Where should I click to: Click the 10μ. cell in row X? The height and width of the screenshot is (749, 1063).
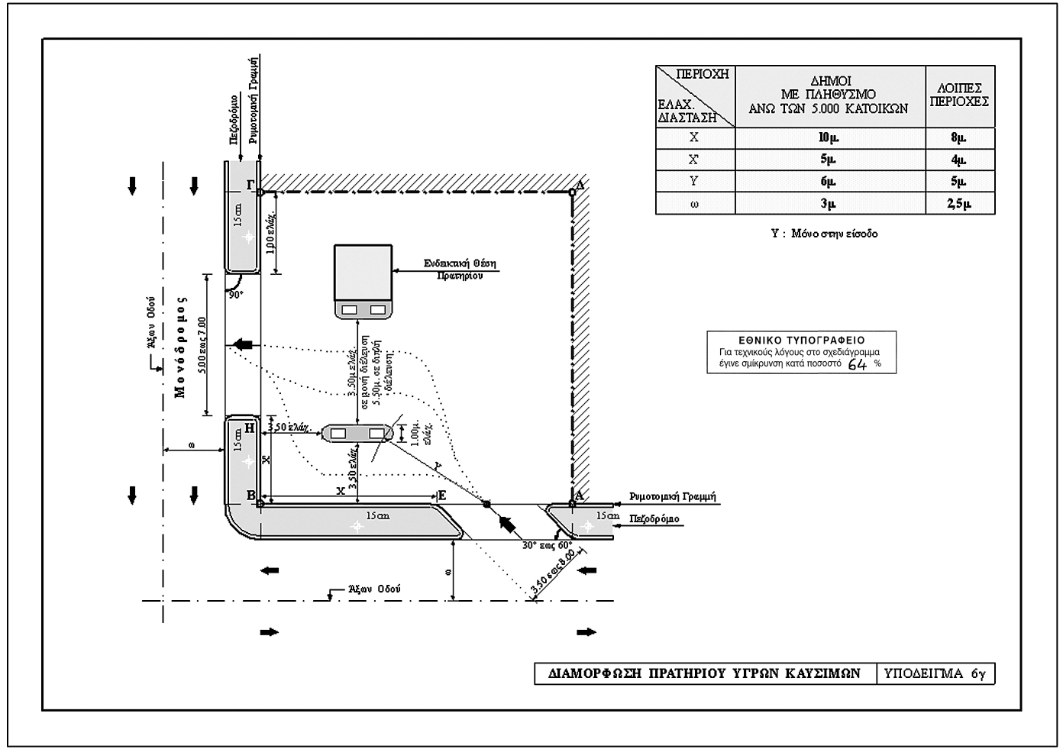(x=829, y=138)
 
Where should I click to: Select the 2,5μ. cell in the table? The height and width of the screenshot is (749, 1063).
(x=959, y=204)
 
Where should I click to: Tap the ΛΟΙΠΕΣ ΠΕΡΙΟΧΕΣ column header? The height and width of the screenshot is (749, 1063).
(x=959, y=95)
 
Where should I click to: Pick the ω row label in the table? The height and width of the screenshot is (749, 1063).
(x=694, y=204)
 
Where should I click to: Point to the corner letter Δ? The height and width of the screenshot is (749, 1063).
(x=579, y=184)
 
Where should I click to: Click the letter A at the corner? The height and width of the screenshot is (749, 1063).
(x=579, y=495)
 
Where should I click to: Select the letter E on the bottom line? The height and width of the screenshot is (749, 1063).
(x=441, y=495)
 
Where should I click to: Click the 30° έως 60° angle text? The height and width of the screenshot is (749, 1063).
(x=547, y=545)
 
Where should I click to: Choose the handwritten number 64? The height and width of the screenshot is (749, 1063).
(x=858, y=364)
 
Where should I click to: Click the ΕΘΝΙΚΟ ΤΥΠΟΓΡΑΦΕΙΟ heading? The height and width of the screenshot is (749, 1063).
(x=801, y=341)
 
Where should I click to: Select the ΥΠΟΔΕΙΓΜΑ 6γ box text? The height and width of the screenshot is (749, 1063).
(x=935, y=673)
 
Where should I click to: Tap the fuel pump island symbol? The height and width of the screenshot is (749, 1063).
(x=357, y=434)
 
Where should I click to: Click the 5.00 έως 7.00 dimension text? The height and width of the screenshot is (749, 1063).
(x=202, y=345)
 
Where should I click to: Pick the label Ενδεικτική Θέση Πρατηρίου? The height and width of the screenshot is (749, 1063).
(x=460, y=269)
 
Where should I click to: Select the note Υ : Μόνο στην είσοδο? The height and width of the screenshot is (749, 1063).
(x=824, y=234)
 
